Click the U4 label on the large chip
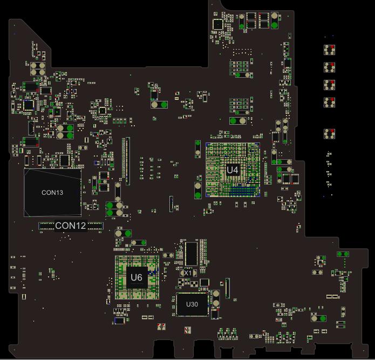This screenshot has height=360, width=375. pos(233,170)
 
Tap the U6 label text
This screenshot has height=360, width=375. pos(137,277)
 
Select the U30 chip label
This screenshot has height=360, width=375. pos(192,304)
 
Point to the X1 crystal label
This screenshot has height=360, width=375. pos(188,273)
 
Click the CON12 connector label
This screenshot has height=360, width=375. pos(71,226)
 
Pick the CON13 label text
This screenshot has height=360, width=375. pos(52,193)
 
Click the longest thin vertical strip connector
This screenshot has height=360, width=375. pos(128,161)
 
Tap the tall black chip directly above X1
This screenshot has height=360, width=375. pos(192,254)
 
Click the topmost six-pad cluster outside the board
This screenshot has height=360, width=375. pos(329,50)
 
